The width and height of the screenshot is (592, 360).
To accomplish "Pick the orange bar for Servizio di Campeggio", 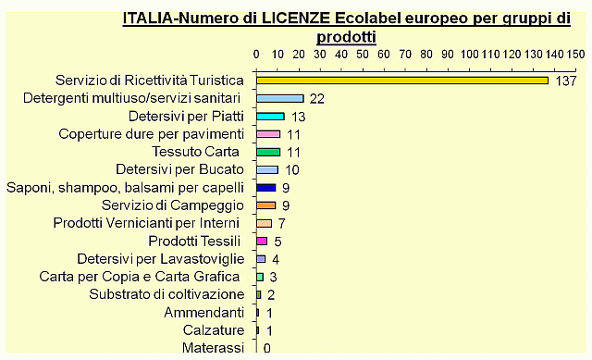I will point(265,205).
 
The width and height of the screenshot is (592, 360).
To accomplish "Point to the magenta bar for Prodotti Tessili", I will point(262,241).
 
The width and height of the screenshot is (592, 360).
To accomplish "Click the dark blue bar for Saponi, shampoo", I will point(265,187).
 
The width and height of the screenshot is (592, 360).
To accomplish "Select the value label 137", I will point(567,81).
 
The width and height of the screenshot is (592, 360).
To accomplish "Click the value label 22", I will point(317,99).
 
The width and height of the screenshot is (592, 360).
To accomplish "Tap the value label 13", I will point(299,118).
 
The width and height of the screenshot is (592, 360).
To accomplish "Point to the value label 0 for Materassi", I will point(267,348).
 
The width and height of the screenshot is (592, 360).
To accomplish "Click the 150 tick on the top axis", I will point(575,53).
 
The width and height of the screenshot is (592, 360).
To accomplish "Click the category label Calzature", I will point(214,330).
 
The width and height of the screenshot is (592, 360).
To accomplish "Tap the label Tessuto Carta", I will point(195,152).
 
